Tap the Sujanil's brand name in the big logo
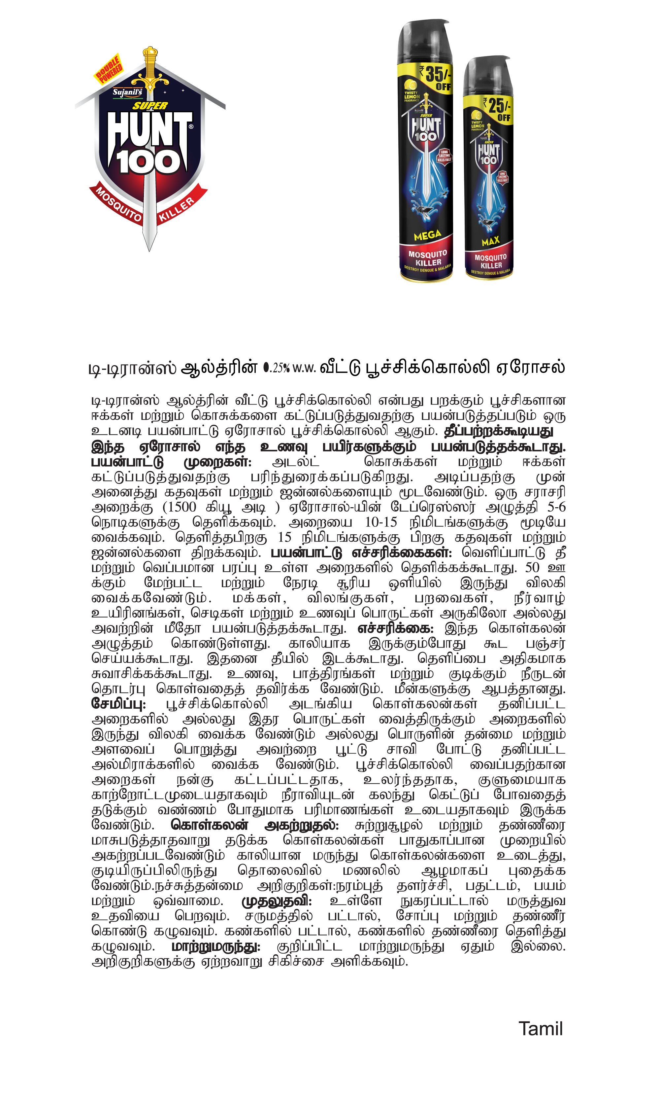pyautogui.click(x=127, y=92)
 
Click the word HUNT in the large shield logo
pyautogui.click(x=149, y=129)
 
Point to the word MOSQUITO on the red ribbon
pyautogui.click(x=118, y=205)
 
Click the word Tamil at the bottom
pyautogui.click(x=540, y=1029)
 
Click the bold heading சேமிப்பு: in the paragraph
pyautogui.click(x=118, y=704)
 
